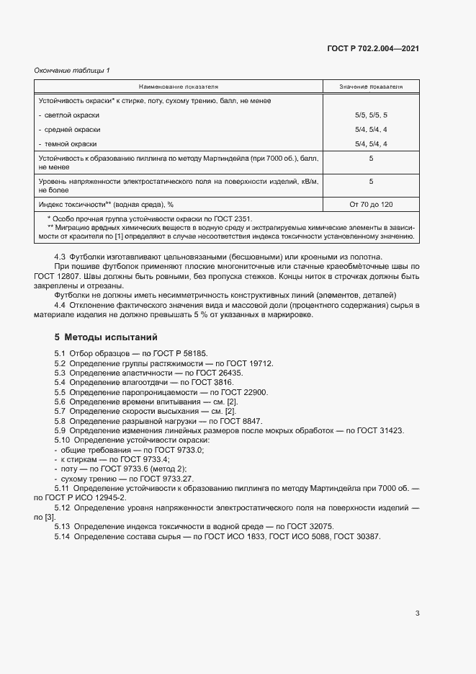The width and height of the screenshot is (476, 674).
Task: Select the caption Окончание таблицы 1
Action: pos(72,70)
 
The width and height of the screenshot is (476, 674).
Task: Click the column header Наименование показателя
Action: pos(179,87)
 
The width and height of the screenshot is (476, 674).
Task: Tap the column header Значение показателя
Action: pos(371,87)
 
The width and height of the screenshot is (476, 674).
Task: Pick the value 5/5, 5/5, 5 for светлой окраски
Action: pos(371,115)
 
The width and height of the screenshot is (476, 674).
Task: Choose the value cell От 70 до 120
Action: pos(371,205)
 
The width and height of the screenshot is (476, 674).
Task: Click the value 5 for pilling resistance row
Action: pos(371,157)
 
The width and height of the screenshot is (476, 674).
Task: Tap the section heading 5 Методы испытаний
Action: pos(106,337)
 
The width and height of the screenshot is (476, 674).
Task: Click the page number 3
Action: pos(417,613)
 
